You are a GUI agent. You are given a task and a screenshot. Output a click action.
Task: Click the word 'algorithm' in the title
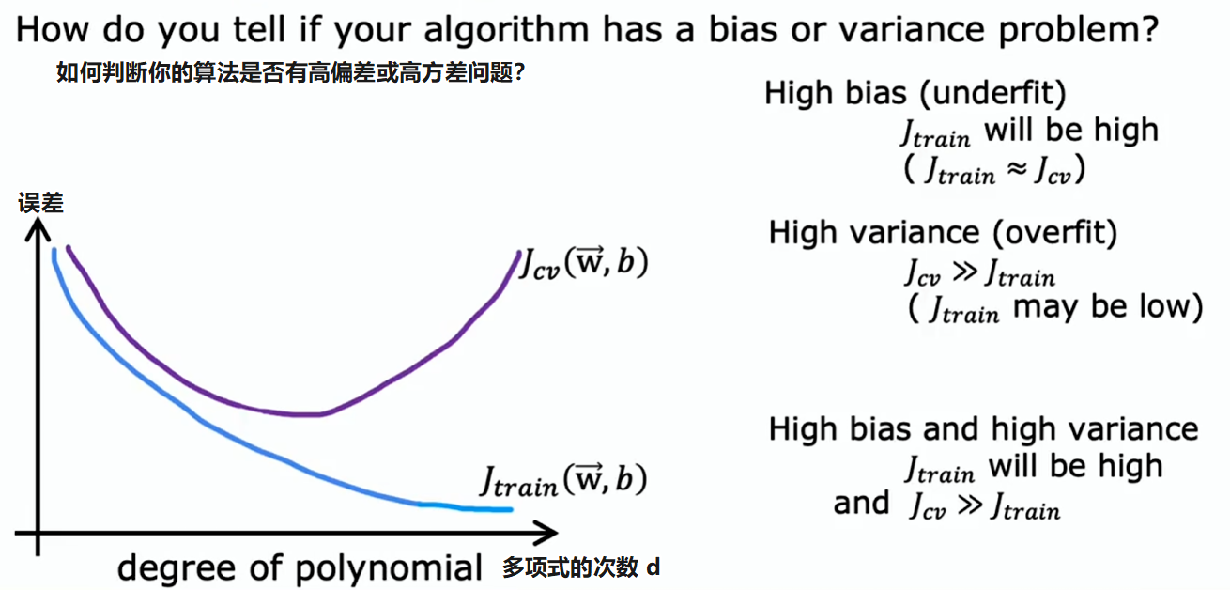[x=506, y=30]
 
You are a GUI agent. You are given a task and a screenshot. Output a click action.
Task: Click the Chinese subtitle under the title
[x=290, y=72]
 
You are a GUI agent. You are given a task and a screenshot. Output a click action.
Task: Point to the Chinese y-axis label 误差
[x=40, y=203]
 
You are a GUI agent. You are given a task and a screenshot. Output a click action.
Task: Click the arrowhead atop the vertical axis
[x=38, y=229]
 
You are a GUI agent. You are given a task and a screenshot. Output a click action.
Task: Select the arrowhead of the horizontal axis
[x=546, y=532]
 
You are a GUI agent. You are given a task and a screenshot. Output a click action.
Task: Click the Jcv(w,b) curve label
[x=584, y=263]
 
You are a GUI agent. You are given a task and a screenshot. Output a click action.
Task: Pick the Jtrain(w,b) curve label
[x=563, y=480]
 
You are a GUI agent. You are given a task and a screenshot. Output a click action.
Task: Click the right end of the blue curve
[x=511, y=510]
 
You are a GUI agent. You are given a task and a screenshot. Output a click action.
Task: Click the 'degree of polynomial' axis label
[x=300, y=568]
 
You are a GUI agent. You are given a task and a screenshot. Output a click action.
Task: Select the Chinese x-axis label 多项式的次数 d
[x=581, y=567]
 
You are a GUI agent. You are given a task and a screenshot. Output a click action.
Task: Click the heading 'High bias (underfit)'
[x=915, y=93]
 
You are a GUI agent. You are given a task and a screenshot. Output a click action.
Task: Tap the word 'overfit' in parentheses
[x=1054, y=232]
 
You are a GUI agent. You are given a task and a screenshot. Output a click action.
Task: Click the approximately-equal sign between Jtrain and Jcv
[x=1017, y=169]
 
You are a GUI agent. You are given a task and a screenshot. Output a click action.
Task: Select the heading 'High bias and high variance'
[x=983, y=429]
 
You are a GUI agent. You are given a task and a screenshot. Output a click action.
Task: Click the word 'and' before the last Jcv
[x=861, y=504]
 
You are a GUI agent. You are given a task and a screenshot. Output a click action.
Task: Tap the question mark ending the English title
[x=1147, y=28]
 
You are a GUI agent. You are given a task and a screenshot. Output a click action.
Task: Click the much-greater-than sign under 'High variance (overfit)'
[x=964, y=271]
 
